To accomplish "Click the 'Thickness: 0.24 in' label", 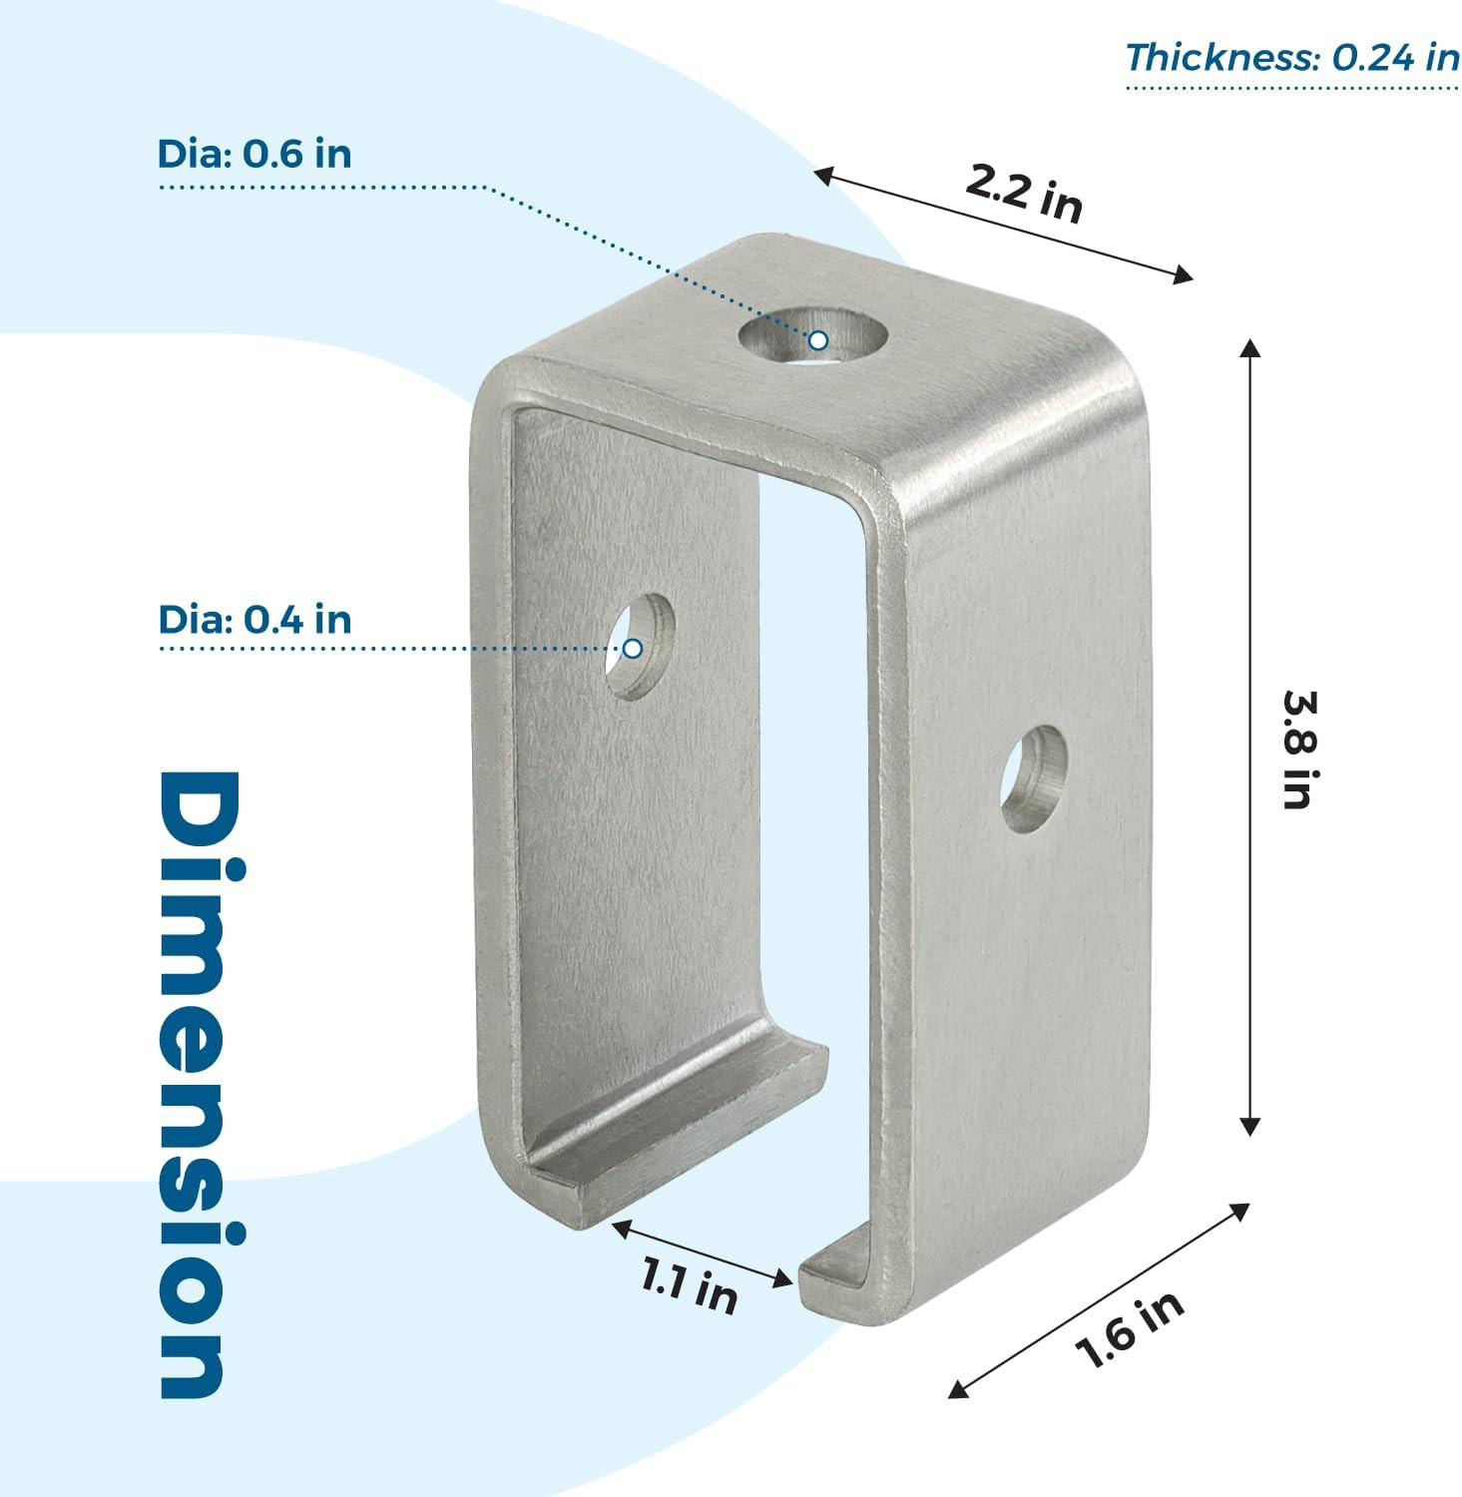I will pos(1292,57).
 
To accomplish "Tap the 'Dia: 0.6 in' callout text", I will pos(254,154).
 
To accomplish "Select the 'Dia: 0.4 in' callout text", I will pos(254,620).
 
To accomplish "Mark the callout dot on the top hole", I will pos(818,340).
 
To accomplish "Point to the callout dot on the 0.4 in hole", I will pos(633,649).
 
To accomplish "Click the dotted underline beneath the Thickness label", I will pos(1292,88).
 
